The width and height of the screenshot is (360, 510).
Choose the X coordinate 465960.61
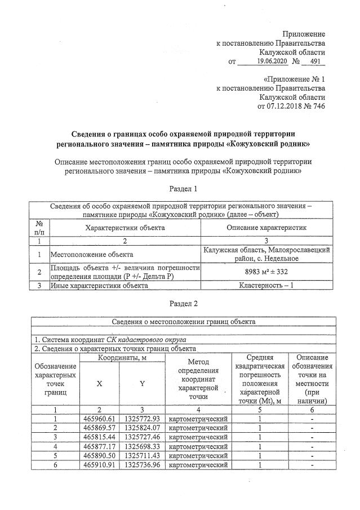click(x=99, y=419)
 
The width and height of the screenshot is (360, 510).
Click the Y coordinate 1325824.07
click(x=142, y=428)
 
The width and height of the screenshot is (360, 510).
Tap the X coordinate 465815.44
click(x=99, y=437)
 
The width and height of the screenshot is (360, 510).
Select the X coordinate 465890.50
click(x=99, y=456)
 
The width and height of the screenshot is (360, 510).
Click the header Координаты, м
click(x=121, y=358)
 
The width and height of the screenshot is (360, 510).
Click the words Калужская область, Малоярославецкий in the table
click(x=267, y=249)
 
